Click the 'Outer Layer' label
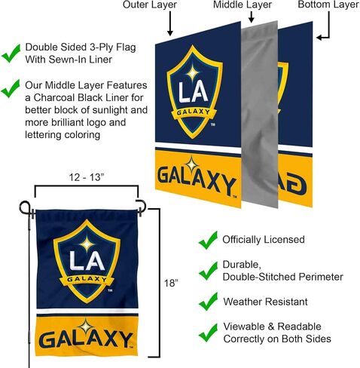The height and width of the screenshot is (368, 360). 150,5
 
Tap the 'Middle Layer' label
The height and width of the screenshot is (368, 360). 243,5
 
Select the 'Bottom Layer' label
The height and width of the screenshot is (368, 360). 328,5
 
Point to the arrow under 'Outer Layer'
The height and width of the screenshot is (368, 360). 170,23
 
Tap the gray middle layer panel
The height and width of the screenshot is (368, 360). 260,115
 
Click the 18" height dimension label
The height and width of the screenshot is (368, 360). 171,284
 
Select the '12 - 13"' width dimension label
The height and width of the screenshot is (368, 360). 87,177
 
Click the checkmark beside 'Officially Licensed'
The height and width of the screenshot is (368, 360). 208,240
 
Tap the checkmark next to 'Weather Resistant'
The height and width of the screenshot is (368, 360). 208,302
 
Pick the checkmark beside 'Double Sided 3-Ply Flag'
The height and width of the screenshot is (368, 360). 11,54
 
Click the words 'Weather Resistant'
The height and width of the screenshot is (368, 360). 265,302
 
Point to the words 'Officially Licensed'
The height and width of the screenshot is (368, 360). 264,240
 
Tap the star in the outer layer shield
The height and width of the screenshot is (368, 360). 193,73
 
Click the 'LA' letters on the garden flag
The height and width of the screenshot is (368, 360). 87,260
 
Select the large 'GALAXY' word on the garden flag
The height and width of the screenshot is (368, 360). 86,339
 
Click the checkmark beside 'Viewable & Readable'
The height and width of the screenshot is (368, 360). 208,333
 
